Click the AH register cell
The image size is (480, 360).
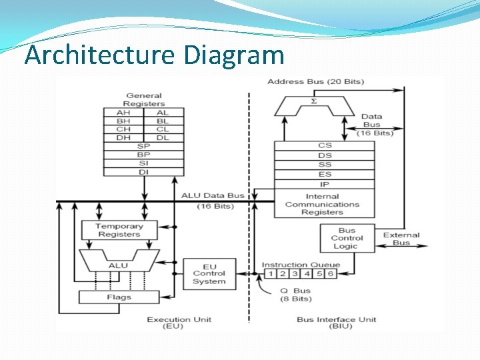click(x=123, y=113)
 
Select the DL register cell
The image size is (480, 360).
click(x=163, y=137)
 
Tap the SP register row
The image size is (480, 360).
click(x=143, y=146)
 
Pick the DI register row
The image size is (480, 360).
click(x=143, y=172)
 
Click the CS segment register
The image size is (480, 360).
click(x=325, y=145)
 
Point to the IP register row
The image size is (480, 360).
click(x=325, y=184)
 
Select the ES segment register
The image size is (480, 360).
click(x=325, y=175)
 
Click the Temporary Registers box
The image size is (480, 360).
click(x=119, y=230)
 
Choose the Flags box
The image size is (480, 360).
click(x=119, y=297)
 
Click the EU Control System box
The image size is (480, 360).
click(x=209, y=273)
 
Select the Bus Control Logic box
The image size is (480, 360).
click(x=347, y=238)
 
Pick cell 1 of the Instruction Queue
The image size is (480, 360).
click(x=270, y=273)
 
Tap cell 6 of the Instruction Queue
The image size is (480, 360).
click(x=330, y=273)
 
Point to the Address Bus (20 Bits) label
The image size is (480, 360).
click(x=315, y=81)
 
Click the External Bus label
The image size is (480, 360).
click(x=401, y=239)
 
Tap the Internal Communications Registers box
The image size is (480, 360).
click(x=323, y=204)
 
